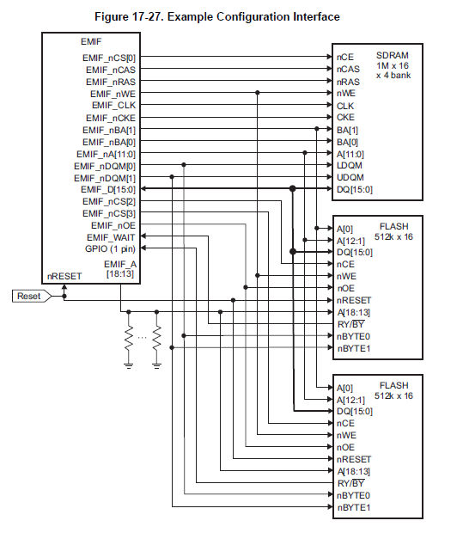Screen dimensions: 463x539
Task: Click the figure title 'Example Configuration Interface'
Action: click(253, 16)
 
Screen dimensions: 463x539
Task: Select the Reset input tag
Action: click(32, 296)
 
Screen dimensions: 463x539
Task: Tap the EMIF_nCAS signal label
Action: click(111, 70)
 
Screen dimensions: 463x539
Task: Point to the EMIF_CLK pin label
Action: click(113, 106)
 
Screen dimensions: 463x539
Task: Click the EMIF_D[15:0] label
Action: click(108, 190)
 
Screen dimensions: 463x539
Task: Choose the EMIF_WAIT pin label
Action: click(111, 237)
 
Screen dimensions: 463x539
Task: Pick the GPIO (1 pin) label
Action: click(110, 249)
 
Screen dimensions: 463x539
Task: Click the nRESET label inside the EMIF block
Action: click(64, 276)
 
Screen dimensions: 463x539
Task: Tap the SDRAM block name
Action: click(393, 55)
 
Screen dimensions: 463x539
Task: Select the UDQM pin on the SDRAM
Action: click(350, 177)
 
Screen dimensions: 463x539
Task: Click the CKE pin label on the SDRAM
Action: click(345, 118)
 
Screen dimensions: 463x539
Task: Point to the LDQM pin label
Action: click(350, 166)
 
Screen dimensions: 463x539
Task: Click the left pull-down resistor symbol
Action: click(129, 338)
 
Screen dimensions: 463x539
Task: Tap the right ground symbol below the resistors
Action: click(156, 365)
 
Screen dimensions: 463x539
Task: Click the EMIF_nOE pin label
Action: click(113, 226)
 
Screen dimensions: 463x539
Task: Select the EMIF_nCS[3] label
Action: click(109, 214)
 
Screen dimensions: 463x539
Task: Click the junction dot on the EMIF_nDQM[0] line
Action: click(184, 165)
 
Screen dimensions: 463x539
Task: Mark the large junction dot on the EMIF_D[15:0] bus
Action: click(292, 188)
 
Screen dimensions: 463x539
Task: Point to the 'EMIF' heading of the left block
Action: click(91, 41)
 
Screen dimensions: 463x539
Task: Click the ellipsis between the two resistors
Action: click(143, 338)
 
